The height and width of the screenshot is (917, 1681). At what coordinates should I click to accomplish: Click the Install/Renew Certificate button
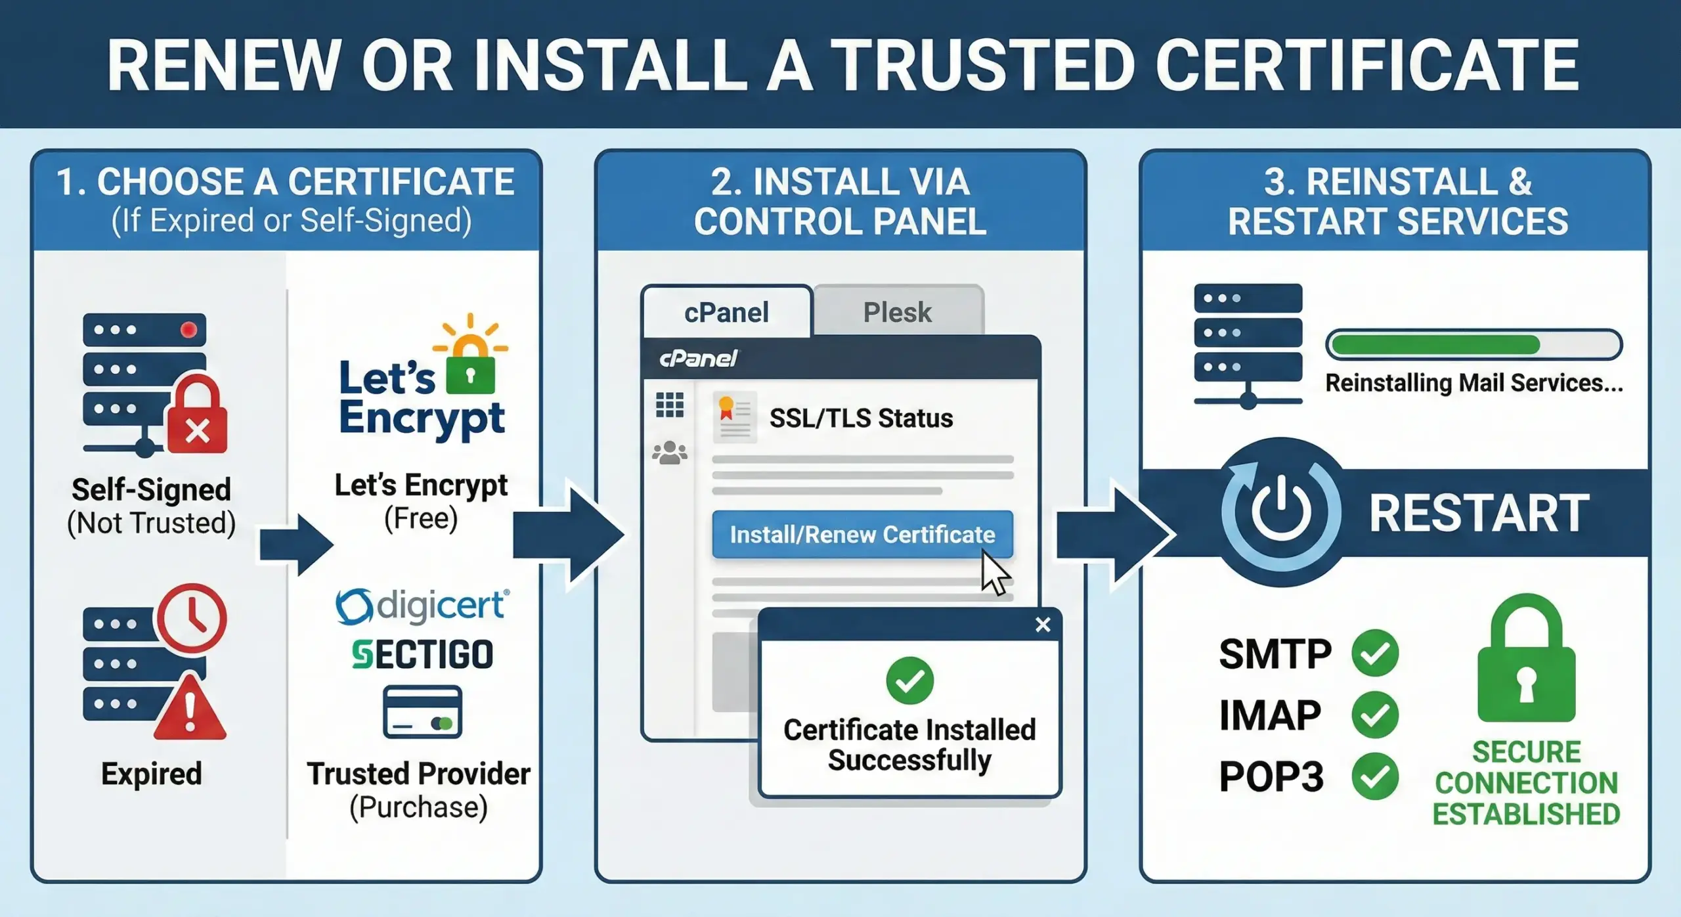coord(862,534)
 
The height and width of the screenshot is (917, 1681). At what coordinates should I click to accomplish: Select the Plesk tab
coord(897,312)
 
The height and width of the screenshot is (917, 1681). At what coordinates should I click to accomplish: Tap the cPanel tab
coord(726,312)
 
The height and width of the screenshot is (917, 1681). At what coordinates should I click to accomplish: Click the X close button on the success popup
coord(1043,625)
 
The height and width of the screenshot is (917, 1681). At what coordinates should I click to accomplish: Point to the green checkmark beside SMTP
coord(1375,653)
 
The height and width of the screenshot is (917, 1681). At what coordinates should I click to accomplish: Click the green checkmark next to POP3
coord(1375,776)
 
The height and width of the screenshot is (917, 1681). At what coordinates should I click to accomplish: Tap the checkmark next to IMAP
coord(1375,715)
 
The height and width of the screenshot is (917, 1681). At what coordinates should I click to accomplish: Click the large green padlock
coord(1526,663)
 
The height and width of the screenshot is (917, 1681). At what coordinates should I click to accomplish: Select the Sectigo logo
coord(422,655)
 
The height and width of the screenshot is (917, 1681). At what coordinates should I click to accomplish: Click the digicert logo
coord(422,606)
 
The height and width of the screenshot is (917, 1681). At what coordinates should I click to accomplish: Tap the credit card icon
coord(422,713)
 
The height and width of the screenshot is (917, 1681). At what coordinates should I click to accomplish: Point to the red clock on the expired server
coord(192,617)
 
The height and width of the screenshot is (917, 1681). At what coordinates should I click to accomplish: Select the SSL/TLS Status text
coord(861,418)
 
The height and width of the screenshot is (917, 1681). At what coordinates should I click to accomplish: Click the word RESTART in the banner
coord(1479,513)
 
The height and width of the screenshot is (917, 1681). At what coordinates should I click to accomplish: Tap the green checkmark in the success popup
coord(909,681)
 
